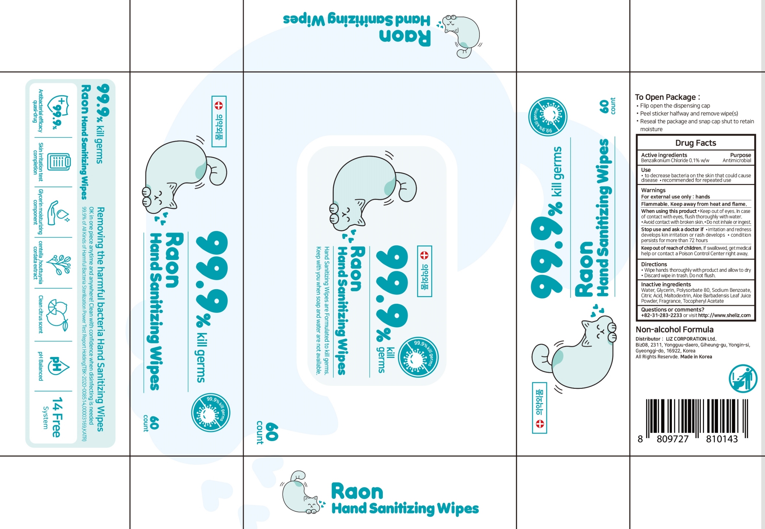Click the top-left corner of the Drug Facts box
[x=637, y=135]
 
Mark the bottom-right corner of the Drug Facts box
[x=755, y=321]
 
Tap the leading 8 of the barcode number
[x=640, y=439]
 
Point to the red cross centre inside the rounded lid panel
[x=424, y=255]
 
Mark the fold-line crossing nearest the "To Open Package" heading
[x=629, y=72]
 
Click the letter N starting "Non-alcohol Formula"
[x=638, y=329]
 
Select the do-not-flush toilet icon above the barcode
[x=743, y=379]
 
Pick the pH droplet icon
[x=59, y=366]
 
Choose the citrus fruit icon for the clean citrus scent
[x=57, y=315]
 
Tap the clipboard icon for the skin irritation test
[x=59, y=162]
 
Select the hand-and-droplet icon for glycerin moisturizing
[x=58, y=213]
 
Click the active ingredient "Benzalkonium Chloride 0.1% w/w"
[x=675, y=160]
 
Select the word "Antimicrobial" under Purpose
[x=736, y=160]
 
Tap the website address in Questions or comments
[x=724, y=315]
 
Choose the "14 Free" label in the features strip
[x=57, y=417]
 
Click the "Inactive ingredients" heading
[x=666, y=284]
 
